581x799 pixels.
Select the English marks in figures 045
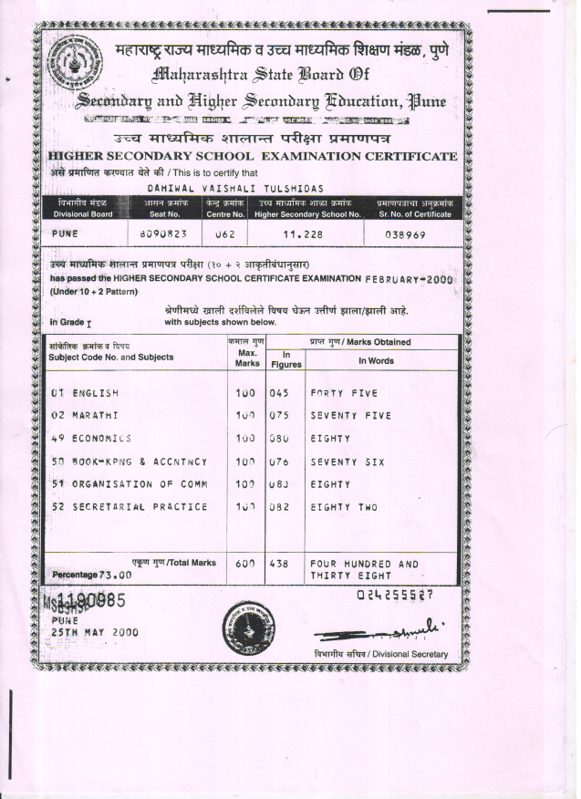pyautogui.click(x=278, y=394)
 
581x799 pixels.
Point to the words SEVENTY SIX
pyautogui.click(x=348, y=462)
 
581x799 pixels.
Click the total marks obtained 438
pyautogui.click(x=278, y=565)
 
